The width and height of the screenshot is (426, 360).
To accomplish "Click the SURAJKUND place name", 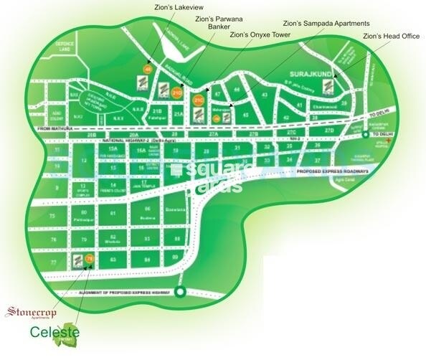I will click(x=308, y=73).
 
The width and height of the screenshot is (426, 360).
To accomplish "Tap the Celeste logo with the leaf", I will click(x=55, y=333).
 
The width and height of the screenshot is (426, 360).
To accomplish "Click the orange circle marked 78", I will click(x=90, y=258).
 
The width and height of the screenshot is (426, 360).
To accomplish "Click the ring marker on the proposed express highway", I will click(x=180, y=291).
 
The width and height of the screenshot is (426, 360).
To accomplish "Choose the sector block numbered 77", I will click(x=52, y=264).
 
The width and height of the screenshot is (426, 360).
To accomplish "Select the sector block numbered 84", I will click(x=146, y=259).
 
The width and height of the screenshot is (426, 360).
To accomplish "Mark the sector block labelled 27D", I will click(x=328, y=131).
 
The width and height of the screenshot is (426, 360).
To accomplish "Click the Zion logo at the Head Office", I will click(x=326, y=88).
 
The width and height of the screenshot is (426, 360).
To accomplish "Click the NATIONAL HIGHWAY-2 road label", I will click(x=123, y=143).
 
